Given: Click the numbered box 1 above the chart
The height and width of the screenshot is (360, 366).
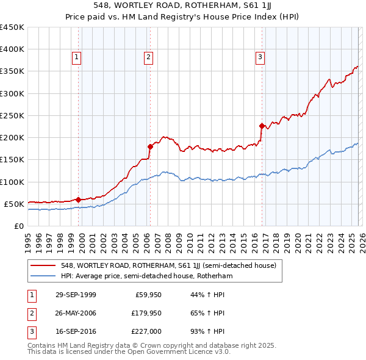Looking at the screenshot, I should coord(77,58).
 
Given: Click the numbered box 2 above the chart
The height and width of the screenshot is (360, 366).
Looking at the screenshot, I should coord(148,58).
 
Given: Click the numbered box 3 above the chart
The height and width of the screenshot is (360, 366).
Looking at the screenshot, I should coord(260,58).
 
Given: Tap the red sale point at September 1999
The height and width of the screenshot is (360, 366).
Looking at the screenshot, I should coord(79,199).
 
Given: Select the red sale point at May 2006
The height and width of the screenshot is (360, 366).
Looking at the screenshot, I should coord(150,146).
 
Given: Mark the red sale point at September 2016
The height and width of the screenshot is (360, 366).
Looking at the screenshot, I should coord(262,126).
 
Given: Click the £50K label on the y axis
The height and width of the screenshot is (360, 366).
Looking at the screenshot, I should coord(14,204).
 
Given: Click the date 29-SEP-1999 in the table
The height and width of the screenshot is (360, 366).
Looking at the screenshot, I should coord(75,295).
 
